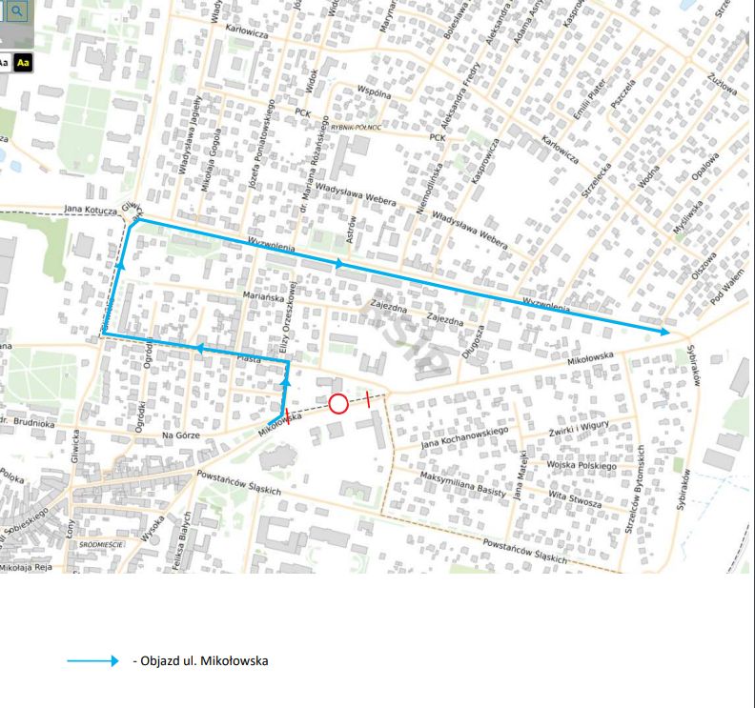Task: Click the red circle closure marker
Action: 337,403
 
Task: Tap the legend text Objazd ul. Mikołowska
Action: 201,660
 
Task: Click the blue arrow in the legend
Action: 92,660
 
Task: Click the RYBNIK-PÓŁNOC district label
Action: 357,128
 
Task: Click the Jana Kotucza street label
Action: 90,208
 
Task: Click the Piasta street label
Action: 250,359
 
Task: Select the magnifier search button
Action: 18,12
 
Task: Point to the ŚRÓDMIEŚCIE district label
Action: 104,544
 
